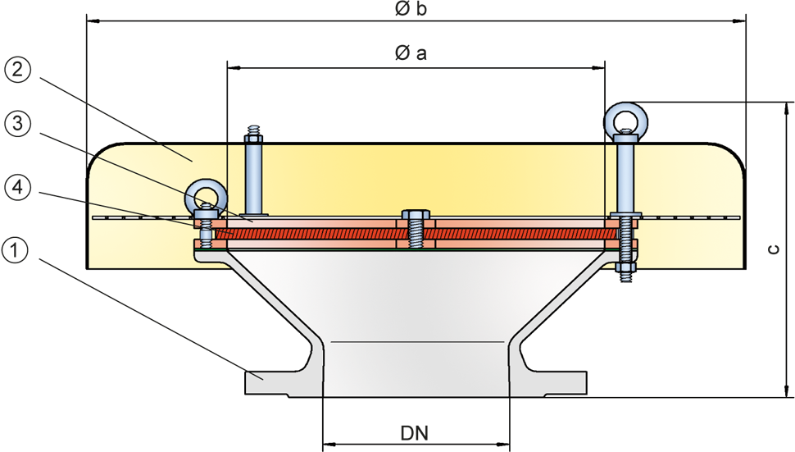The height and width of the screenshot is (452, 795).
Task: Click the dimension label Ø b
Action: click(411, 11)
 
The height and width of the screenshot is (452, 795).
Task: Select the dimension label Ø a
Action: click(411, 54)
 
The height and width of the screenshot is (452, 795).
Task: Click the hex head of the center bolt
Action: click(416, 219)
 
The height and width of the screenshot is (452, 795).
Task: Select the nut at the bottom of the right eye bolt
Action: click(626, 268)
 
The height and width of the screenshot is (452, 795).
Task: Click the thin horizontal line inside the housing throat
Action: click(418, 341)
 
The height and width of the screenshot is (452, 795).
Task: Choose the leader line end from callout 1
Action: click(261, 377)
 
